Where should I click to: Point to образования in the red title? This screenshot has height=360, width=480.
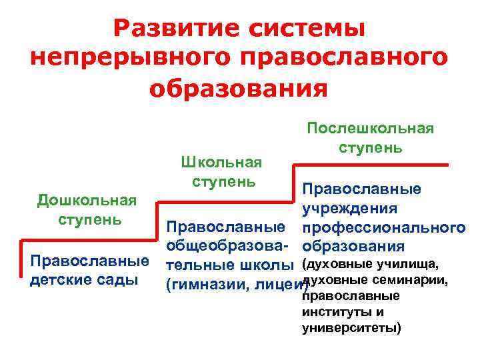(239, 88)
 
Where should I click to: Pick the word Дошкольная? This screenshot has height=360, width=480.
(87, 201)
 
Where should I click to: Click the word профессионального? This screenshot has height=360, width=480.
(383, 228)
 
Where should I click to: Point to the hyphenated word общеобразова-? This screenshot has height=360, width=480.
(227, 247)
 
